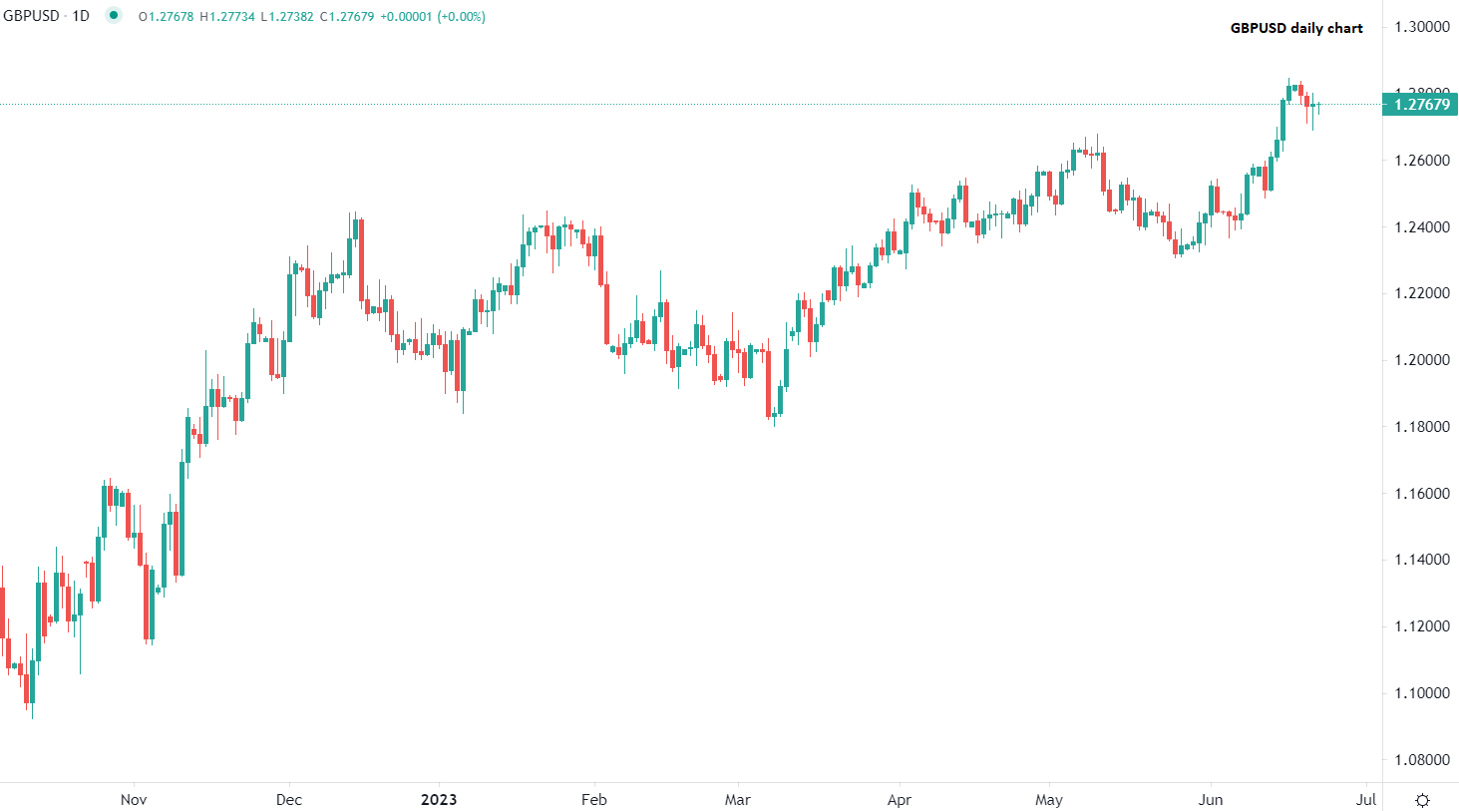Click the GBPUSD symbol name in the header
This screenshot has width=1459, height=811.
(x=32, y=16)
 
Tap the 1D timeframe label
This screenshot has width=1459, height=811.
(x=81, y=16)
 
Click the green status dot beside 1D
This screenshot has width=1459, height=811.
(x=114, y=15)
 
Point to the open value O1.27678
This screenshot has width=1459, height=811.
(x=167, y=17)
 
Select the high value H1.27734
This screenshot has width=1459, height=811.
(x=227, y=17)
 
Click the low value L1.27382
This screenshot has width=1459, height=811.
(x=287, y=17)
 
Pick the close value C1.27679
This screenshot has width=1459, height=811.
(x=347, y=17)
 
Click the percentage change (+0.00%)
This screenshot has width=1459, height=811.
(x=461, y=17)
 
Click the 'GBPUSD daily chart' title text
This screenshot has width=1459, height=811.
(x=1296, y=28)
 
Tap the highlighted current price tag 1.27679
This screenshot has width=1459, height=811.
(x=1421, y=105)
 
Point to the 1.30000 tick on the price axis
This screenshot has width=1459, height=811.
(x=1422, y=27)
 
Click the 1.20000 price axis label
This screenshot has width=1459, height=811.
(x=1422, y=360)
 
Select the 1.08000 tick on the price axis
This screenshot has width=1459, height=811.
(x=1422, y=760)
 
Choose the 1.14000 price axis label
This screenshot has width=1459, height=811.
(x=1422, y=560)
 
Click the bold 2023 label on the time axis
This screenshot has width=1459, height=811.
(x=439, y=800)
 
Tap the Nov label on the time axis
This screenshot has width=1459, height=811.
(x=134, y=800)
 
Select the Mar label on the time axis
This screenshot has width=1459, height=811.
(x=738, y=800)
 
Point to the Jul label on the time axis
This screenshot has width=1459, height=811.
(x=1366, y=800)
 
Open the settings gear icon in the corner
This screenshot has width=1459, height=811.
(x=1423, y=800)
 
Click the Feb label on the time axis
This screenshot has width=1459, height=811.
(x=594, y=800)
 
